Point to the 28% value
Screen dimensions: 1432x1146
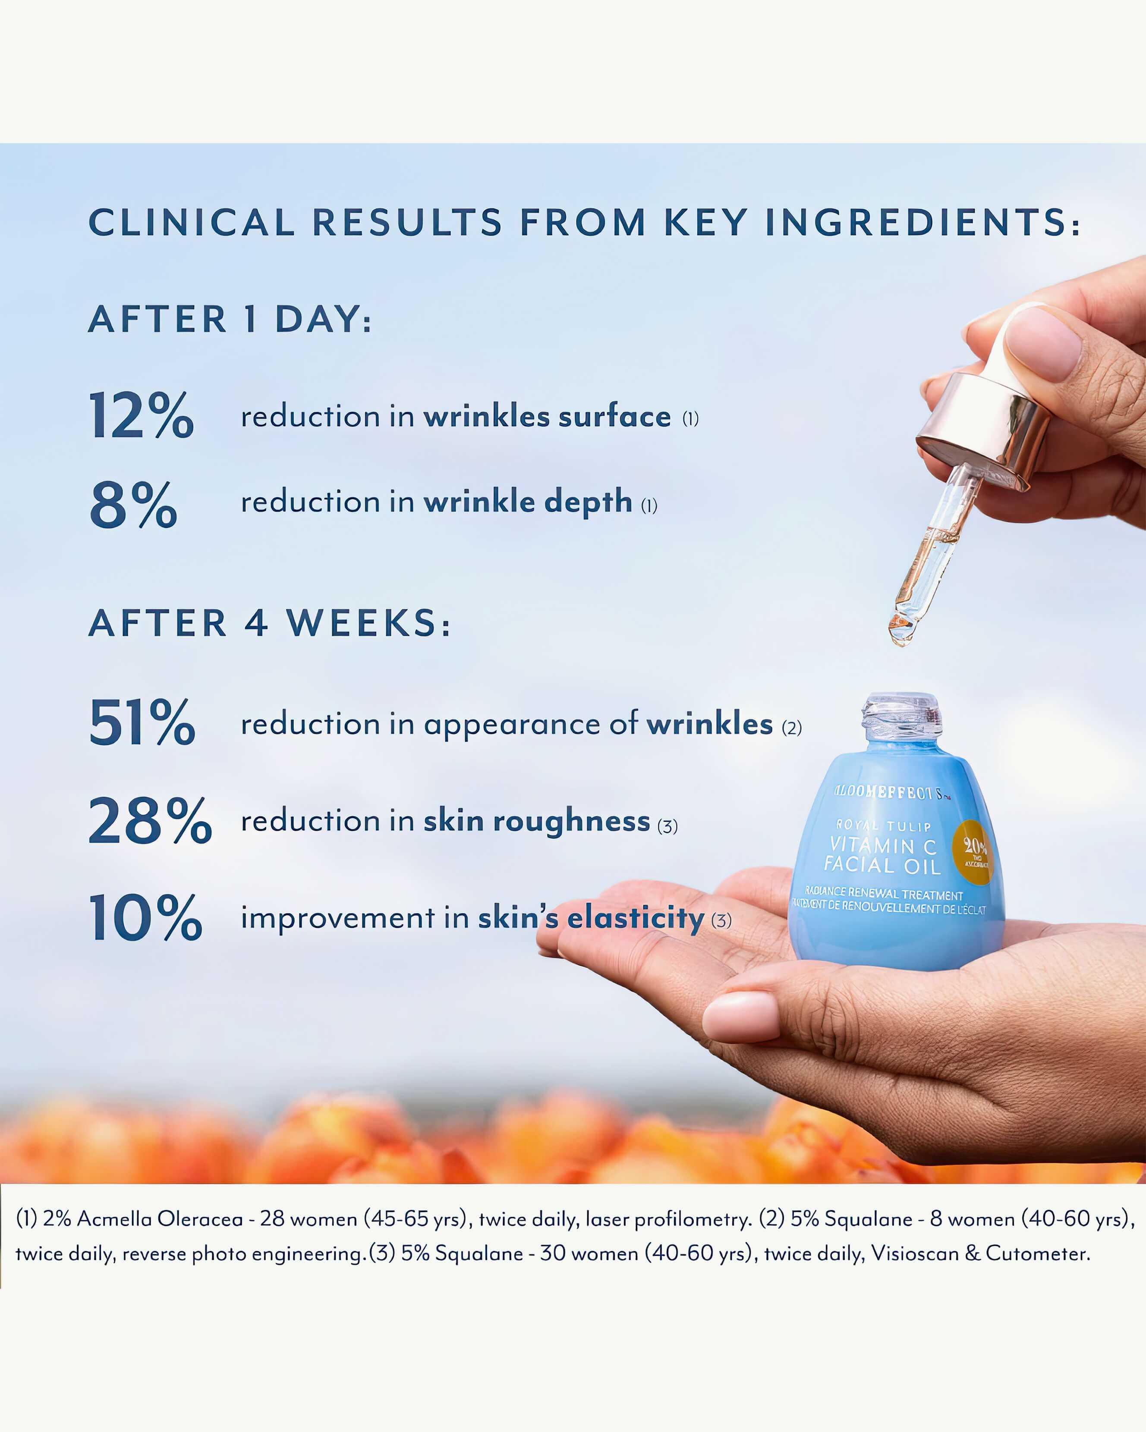pyautogui.click(x=150, y=822)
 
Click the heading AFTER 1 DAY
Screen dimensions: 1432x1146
pyautogui.click(x=230, y=320)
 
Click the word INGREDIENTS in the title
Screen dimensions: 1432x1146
pyautogui.click(x=922, y=223)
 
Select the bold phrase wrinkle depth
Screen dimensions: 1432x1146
pyautogui.click(x=528, y=502)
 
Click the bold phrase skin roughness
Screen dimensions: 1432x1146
pyautogui.click(x=537, y=822)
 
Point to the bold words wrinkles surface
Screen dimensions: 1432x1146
pyautogui.click(x=547, y=417)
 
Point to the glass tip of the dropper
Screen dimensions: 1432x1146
pyautogui.click(x=900, y=631)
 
